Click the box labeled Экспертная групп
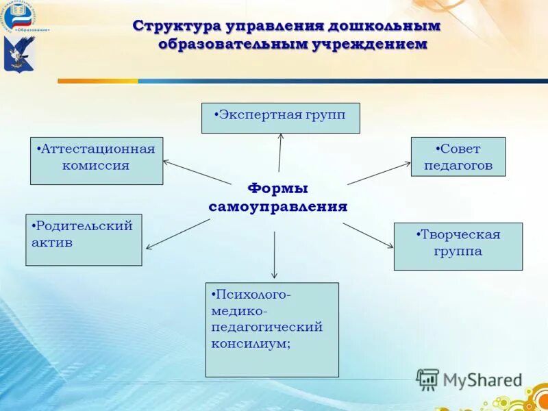[280, 118]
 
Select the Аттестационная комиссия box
[97, 161]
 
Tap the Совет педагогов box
[458, 157]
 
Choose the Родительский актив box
[84, 240]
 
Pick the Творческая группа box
[458, 246]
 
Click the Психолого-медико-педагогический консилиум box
[272, 329]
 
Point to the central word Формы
[277, 188]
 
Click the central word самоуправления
[277, 206]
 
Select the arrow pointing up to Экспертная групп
[279, 152]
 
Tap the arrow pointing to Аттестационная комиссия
[197, 172]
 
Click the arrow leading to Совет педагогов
[379, 173]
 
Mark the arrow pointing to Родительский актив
[177, 234]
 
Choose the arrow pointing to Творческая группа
[369, 234]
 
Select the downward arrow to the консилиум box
[275, 255]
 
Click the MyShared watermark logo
[470, 379]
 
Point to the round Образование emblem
[19, 18]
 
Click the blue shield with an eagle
[19, 54]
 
